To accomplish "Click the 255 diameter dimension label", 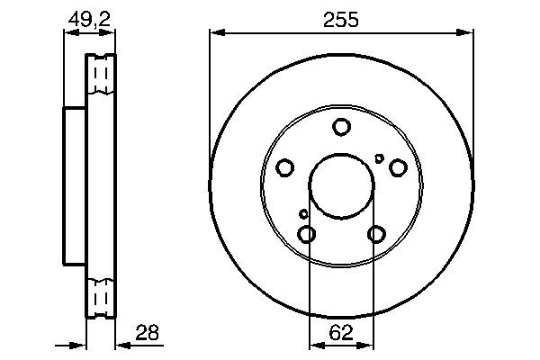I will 341,19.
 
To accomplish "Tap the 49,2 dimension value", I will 89,19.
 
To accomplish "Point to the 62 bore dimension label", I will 341,333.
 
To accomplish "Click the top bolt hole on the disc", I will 341,128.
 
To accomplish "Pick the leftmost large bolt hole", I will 285,167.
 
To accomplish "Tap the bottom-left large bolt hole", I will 307,234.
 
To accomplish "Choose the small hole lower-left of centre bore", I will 303,214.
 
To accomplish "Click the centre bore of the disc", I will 341,185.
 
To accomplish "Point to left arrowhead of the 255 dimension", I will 215,34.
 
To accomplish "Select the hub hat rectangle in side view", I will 75,185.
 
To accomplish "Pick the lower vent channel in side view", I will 103,295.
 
